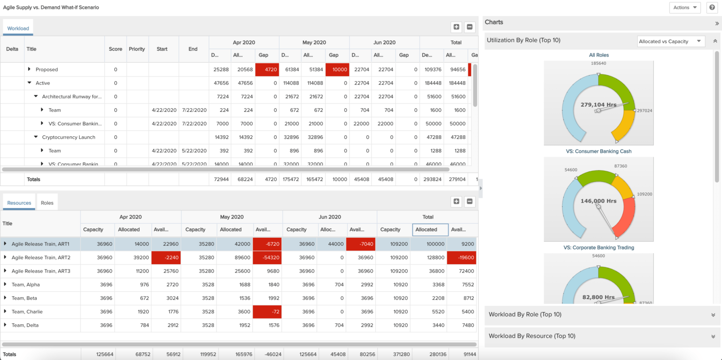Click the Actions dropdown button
tap(684, 8)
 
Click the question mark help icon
tap(712, 8)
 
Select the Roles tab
tap(47, 203)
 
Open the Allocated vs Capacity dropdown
tap(671, 41)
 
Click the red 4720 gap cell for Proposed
tap(267, 70)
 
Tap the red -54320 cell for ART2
tap(267, 258)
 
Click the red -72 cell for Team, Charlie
tap(267, 312)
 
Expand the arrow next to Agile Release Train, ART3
tap(5, 271)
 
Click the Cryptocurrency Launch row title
tap(69, 137)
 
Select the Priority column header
tap(137, 49)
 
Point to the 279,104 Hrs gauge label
tap(598, 105)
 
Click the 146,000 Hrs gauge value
tap(598, 201)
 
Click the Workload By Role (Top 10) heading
tap(525, 314)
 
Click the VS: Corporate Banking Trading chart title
tap(598, 247)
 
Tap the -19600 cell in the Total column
tap(462, 258)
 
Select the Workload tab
tap(18, 29)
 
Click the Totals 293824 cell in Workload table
tap(431, 180)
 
